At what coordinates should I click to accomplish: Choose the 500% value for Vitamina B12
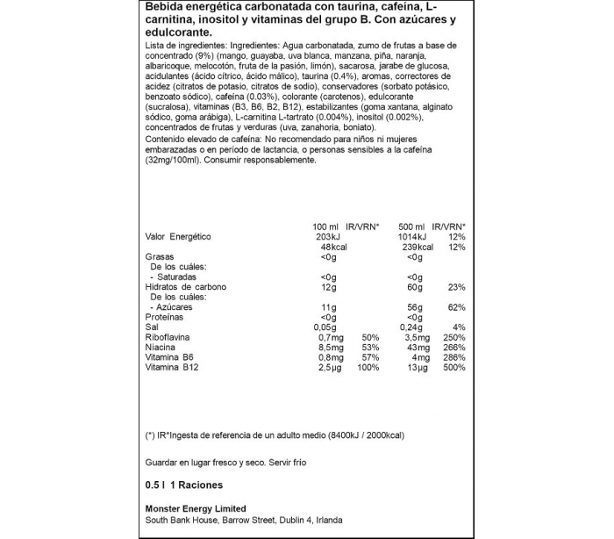(452, 368)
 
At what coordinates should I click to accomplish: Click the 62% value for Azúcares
(454, 307)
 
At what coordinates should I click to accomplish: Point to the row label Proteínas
(164, 317)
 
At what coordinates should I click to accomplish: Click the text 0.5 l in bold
(155, 485)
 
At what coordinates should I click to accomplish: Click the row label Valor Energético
(177, 237)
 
